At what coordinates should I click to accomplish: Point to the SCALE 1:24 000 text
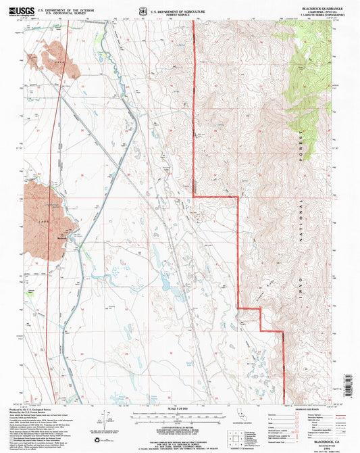pos(180,408)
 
